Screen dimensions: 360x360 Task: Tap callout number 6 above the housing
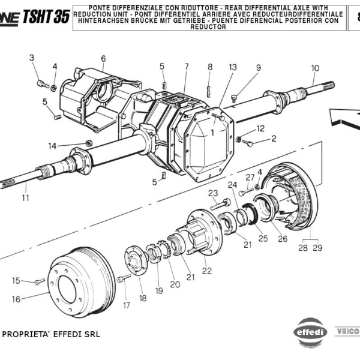click(103, 58)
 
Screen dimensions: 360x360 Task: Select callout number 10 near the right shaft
click(315, 68)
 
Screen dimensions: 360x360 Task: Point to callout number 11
click(25, 197)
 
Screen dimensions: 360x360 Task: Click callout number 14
click(52, 146)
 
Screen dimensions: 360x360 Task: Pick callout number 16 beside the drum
click(16, 299)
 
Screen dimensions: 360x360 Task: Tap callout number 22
click(207, 271)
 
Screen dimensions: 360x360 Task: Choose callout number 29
click(317, 247)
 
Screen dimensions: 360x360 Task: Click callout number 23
click(213, 193)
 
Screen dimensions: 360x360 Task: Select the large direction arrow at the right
click(343, 114)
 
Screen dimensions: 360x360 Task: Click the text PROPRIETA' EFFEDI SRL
click(52, 334)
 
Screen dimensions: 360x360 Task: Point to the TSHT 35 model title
click(46, 16)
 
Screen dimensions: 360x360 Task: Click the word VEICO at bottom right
click(347, 331)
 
